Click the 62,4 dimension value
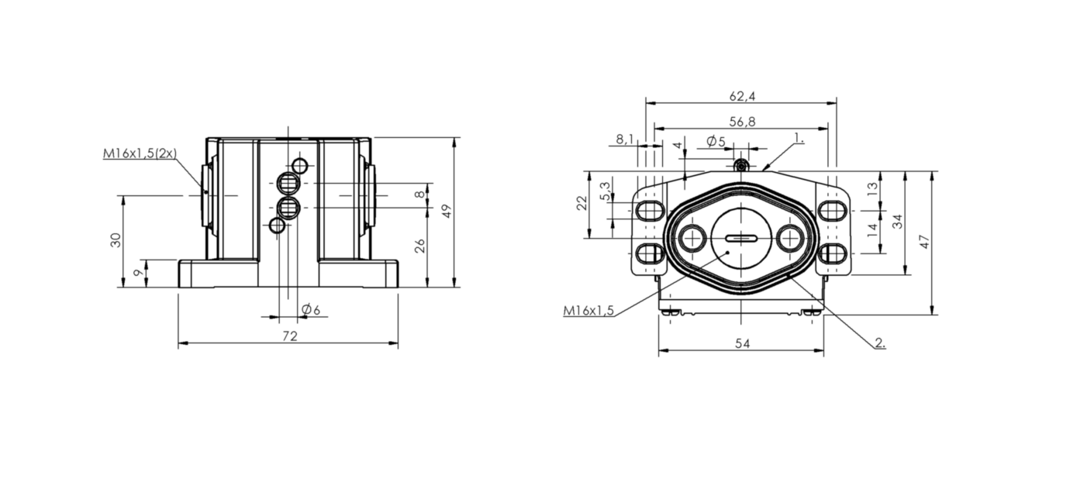(x=742, y=96)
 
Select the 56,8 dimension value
(x=742, y=122)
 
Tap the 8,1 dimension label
(x=624, y=139)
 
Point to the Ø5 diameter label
(x=716, y=141)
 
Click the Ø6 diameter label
(x=311, y=309)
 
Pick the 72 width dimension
(x=289, y=336)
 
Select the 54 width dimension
(x=742, y=343)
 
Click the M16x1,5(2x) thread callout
(x=140, y=153)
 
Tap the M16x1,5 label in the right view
(x=588, y=311)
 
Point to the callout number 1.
(x=799, y=138)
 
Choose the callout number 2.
(x=880, y=343)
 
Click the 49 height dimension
(x=447, y=211)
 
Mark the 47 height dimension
(x=925, y=242)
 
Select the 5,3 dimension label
(x=606, y=191)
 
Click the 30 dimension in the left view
(x=116, y=239)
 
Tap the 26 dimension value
(x=419, y=246)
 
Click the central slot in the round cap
(x=741, y=238)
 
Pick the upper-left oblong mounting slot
(x=650, y=211)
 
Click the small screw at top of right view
(x=741, y=166)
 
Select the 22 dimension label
(x=582, y=203)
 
